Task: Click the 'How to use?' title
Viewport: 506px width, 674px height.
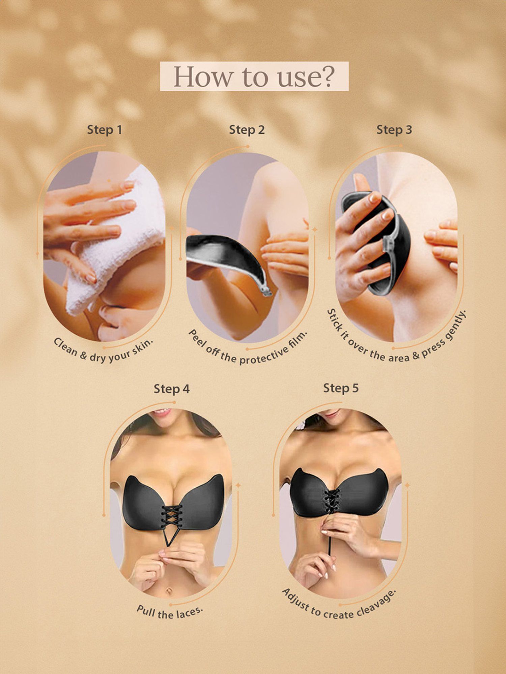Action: [x=254, y=76]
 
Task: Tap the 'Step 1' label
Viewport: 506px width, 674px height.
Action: [x=104, y=130]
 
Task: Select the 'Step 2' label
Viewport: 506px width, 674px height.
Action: [x=247, y=130]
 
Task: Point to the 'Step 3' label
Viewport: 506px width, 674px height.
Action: [x=394, y=130]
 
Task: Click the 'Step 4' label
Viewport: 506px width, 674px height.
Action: [x=172, y=389]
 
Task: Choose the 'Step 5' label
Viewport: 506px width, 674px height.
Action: [x=341, y=388]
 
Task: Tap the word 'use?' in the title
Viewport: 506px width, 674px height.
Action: [x=305, y=77]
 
